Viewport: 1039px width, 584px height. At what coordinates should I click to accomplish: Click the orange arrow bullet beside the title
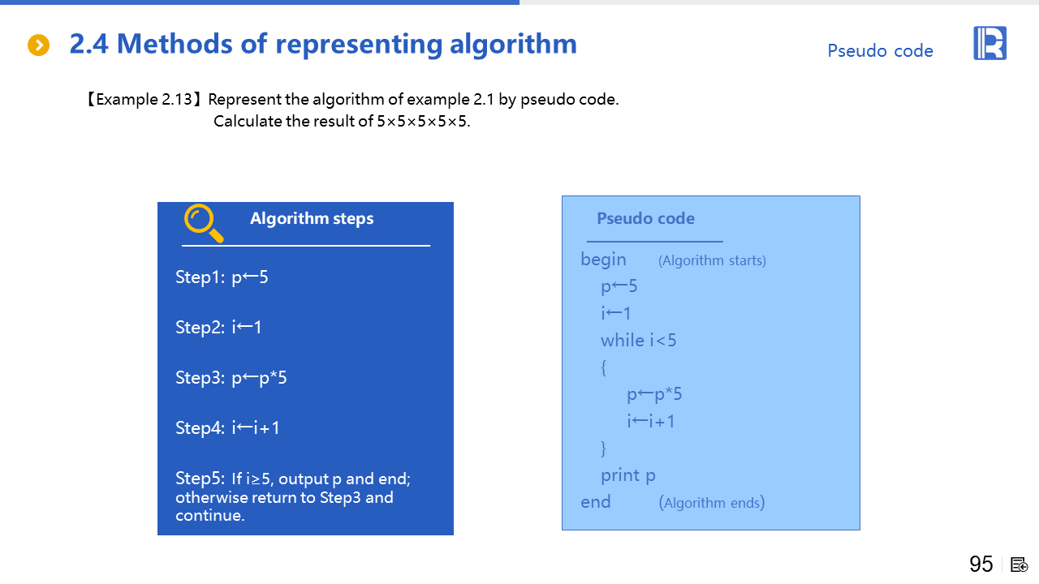38,45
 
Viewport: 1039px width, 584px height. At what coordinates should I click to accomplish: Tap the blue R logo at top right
989,43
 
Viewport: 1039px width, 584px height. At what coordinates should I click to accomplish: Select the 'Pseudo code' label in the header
880,51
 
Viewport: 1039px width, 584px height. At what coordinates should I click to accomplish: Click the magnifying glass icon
203,223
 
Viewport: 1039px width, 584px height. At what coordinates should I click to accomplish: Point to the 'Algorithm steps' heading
312,219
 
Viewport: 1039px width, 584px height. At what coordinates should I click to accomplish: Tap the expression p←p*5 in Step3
259,378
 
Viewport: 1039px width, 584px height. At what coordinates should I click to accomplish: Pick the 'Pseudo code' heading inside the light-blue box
645,218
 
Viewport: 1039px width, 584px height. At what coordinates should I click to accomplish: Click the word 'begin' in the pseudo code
603,260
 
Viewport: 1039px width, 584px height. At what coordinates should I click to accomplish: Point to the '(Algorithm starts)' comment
712,260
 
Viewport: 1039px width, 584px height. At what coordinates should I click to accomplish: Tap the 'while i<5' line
638,341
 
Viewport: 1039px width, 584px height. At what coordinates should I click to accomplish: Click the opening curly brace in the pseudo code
603,367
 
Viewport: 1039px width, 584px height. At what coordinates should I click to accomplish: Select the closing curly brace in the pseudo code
603,448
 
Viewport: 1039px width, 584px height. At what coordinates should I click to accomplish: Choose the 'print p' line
627,475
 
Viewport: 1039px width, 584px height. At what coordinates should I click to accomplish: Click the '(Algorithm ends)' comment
712,502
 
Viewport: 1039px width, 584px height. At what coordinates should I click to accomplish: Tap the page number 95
981,565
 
